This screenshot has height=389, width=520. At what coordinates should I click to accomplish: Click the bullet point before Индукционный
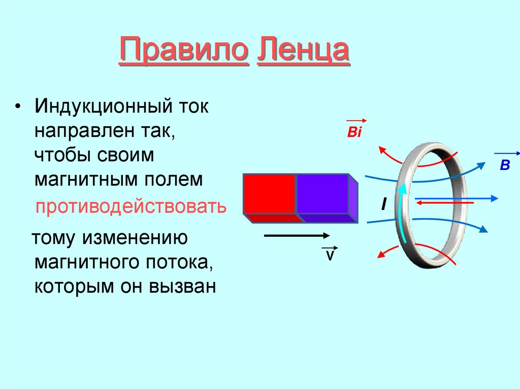coord(19,108)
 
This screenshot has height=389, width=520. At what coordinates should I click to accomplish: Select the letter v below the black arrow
coord(329,255)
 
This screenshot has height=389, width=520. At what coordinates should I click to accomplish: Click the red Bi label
coord(353,133)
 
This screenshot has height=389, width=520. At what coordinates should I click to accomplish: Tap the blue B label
coord(504,165)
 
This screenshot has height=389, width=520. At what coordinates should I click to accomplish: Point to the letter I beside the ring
coord(384,204)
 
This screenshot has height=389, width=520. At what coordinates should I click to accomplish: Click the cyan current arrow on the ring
coord(401,213)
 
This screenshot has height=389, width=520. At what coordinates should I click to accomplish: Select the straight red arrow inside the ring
coord(444,203)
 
